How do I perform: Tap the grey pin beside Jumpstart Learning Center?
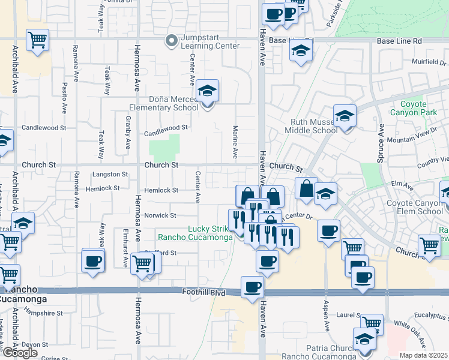pos(172,41)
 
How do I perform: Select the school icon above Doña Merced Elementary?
pos(208,91)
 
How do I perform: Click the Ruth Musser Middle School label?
pos(309,125)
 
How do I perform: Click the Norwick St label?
pos(159,215)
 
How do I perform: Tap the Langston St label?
pos(110,175)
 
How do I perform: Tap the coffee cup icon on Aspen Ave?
pos(328,231)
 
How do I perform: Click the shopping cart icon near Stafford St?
pos(142,263)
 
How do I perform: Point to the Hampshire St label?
pos(43,313)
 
